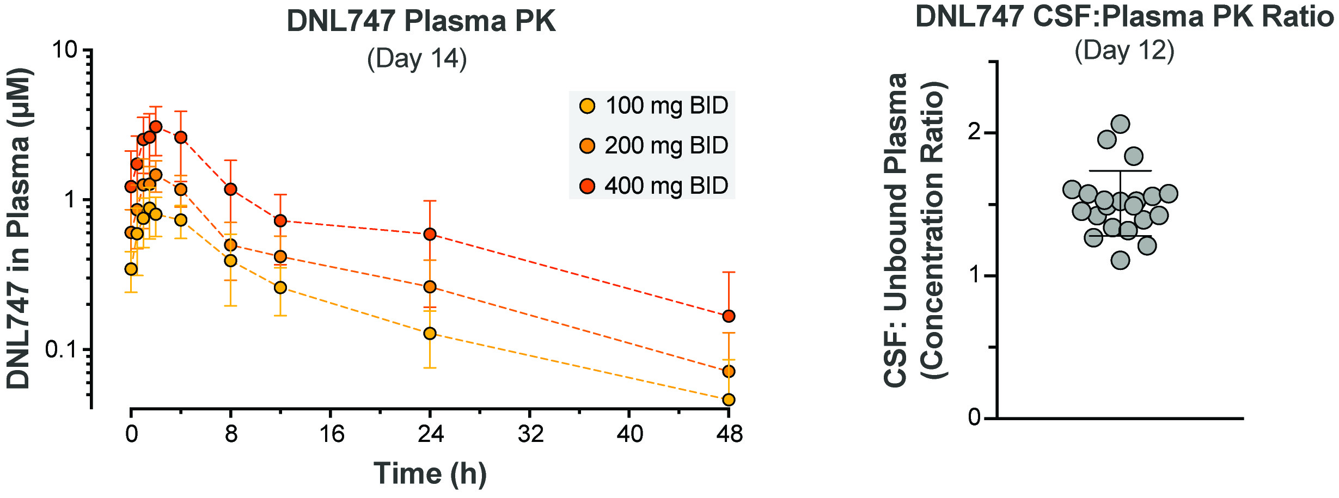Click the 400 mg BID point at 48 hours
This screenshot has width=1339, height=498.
pos(729,316)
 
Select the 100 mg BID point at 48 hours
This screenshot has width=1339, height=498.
pos(729,399)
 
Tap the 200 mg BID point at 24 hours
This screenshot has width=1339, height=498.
pos(430,287)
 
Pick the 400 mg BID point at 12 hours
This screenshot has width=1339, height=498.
pos(280,220)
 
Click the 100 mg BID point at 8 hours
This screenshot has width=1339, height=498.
pos(231,261)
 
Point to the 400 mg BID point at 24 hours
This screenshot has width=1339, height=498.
pos(430,234)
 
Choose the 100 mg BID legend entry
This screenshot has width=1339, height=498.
pos(653,106)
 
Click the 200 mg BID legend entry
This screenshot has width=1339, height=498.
pos(653,146)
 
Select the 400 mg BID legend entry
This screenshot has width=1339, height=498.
pos(653,186)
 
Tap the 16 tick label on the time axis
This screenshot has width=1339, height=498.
pos(331,434)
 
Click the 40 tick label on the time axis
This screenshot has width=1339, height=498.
pos(629,434)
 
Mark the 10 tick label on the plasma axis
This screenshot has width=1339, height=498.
pos(64,50)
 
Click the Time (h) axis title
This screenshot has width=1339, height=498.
pos(430,473)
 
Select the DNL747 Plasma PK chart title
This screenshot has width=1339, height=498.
pos(421,22)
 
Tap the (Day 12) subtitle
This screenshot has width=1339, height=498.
pos(1124,51)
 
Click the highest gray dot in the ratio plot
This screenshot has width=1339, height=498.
pos(1120,124)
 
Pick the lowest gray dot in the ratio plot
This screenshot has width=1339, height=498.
pos(1120,261)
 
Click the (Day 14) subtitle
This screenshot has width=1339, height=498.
pos(417,59)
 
